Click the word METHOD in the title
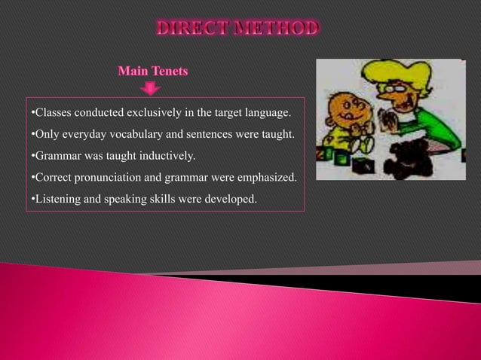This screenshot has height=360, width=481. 277,29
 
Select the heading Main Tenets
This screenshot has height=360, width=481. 153,72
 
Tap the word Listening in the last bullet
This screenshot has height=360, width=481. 55,200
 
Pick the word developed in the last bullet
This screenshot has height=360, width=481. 234,200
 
